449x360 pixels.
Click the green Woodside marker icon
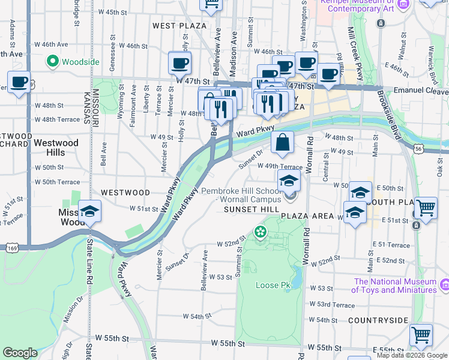(x=52, y=61)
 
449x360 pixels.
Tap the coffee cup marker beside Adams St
(x=19, y=82)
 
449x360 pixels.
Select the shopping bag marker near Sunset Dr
(x=282, y=143)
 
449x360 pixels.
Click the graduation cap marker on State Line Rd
(x=89, y=212)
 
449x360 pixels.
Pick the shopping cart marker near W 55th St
(x=421, y=334)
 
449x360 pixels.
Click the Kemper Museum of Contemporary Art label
(x=357, y=5)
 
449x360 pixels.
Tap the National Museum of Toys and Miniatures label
(x=394, y=286)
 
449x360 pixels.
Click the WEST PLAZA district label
(x=179, y=26)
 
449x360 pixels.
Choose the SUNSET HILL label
(x=249, y=209)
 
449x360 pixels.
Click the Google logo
(x=20, y=353)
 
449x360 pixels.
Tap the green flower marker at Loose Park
(x=261, y=232)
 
